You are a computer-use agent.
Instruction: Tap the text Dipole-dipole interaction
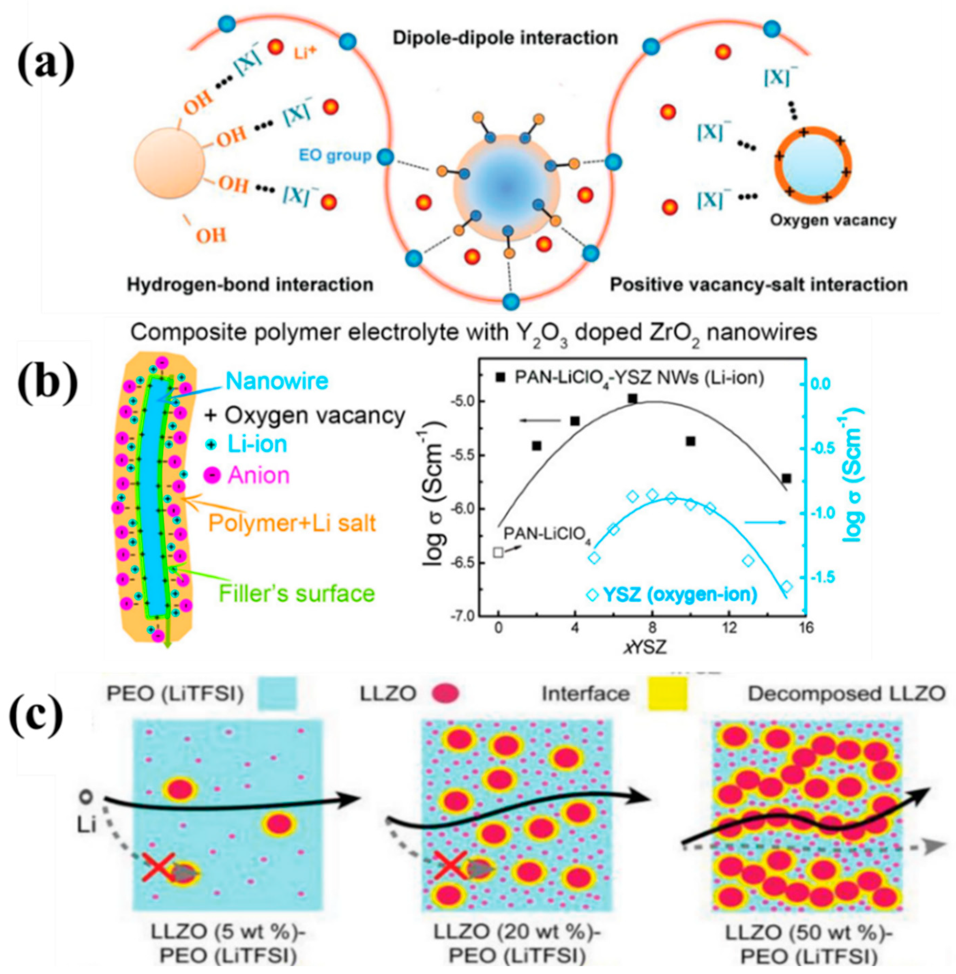tap(505, 38)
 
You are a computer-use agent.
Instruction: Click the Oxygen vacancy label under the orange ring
tap(833, 220)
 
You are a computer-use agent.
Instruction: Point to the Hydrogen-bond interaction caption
tap(250, 285)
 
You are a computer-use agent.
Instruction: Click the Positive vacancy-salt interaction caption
tap(758, 285)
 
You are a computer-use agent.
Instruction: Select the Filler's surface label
tap(297, 593)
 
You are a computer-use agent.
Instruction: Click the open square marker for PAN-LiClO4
tap(498, 552)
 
